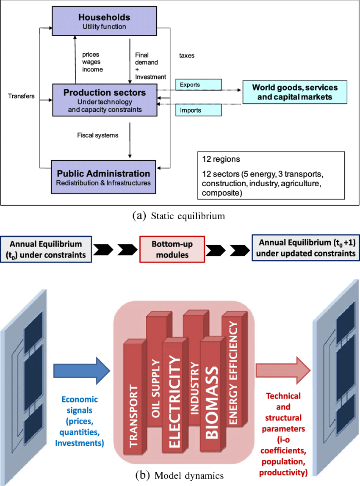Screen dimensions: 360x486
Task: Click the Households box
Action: [x=104, y=21]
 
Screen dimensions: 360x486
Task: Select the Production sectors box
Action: [x=105, y=100]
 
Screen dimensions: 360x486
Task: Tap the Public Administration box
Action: [x=103, y=177]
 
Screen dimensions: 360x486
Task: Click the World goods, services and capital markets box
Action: [x=295, y=92]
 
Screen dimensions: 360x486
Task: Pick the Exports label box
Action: [x=199, y=85]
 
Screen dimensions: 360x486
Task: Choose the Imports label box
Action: [x=199, y=110]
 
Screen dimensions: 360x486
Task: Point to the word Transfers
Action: [x=21, y=96]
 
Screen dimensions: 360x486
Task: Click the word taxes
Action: [x=187, y=55]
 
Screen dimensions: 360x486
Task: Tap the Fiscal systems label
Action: [x=98, y=135]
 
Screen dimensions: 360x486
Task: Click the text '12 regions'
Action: [x=221, y=159]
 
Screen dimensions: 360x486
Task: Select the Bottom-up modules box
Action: [x=172, y=249]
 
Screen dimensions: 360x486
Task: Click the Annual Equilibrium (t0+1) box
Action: [x=306, y=248]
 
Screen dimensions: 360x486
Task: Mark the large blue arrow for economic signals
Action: [x=82, y=371]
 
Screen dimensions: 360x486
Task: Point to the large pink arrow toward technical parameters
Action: [x=283, y=370]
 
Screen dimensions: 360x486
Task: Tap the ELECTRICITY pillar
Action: [x=175, y=395]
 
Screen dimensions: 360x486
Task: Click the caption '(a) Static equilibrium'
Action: [x=179, y=216]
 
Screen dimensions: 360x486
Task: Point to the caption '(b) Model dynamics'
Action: [x=180, y=475]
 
